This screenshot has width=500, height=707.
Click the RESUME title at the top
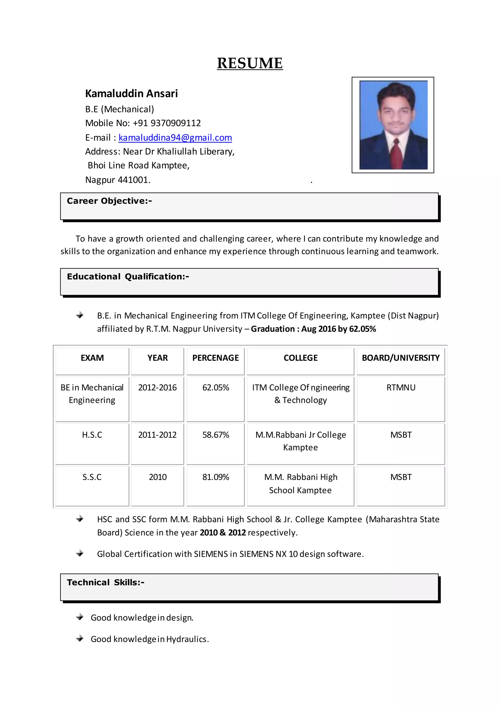click(250, 63)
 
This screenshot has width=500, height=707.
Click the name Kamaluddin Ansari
click(131, 93)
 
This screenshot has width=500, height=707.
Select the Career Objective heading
click(109, 201)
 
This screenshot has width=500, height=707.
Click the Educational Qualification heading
click(128, 277)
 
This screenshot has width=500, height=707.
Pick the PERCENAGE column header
click(216, 358)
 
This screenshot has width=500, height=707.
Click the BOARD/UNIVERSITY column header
click(401, 358)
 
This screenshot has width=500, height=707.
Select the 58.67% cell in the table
click(216, 435)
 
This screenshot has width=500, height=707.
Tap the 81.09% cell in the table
click(216, 477)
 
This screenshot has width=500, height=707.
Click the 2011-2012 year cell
click(157, 435)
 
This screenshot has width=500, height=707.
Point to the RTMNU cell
click(401, 387)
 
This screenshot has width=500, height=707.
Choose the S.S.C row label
click(92, 477)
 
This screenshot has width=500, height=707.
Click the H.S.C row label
click(92, 435)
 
